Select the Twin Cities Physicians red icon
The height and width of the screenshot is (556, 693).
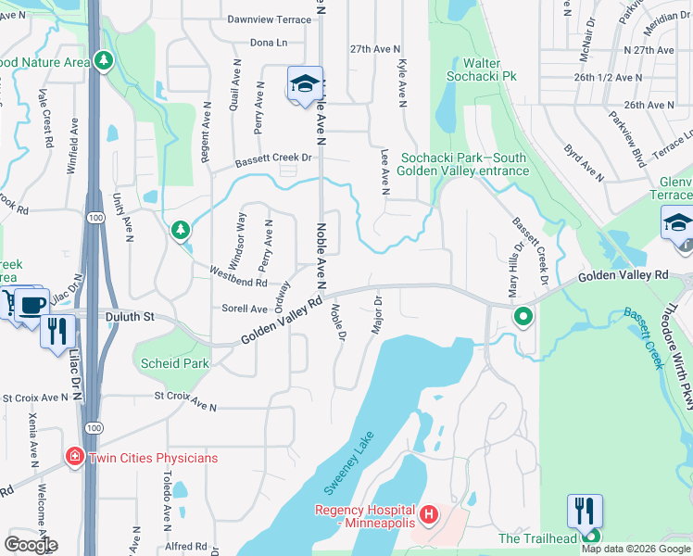point(73,458)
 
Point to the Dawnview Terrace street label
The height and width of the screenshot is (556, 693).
point(269,19)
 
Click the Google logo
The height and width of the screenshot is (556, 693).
point(31,545)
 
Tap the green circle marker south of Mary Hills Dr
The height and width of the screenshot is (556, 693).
point(523,317)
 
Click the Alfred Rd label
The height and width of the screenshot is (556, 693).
point(187,547)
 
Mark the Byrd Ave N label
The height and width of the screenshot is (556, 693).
point(584,159)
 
